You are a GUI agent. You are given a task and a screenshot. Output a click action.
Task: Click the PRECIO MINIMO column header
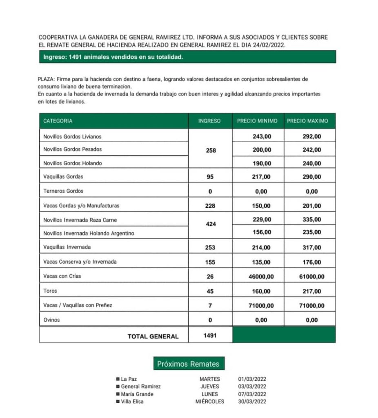(257, 121)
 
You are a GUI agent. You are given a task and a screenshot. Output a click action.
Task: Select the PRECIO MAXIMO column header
(307, 121)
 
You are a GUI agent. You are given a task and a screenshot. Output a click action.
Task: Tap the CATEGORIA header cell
(58, 121)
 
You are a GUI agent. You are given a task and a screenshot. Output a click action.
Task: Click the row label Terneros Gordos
(63, 191)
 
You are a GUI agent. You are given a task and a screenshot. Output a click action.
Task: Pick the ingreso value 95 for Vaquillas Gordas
(210, 177)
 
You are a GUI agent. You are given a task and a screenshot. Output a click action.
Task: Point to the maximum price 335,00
(312, 220)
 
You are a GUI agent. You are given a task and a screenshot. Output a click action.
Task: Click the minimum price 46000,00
(261, 276)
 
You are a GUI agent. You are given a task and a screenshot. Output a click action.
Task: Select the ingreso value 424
(211, 225)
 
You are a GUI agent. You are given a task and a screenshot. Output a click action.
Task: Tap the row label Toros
(50, 291)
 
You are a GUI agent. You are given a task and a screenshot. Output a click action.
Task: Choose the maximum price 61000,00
(311, 276)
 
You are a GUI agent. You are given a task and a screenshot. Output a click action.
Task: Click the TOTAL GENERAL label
(153, 336)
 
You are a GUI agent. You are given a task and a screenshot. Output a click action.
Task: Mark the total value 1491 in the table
(210, 335)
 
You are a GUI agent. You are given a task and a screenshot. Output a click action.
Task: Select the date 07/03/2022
(252, 394)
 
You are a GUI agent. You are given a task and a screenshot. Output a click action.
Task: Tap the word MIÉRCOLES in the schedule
(210, 402)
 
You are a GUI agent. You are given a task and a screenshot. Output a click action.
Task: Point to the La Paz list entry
(129, 379)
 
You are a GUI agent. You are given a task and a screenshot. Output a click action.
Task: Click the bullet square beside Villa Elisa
(118, 402)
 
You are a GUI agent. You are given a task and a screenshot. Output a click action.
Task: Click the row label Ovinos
(51, 320)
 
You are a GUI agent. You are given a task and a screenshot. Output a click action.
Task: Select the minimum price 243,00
(262, 137)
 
